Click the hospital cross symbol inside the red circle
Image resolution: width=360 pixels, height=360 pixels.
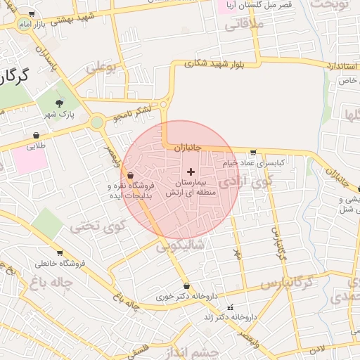coord(191,172)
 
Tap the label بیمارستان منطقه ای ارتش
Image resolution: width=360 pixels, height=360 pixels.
coord(191,187)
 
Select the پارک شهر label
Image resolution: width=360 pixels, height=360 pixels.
coord(58,114)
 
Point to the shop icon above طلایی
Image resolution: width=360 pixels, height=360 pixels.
coord(36,135)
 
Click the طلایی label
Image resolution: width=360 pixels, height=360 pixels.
coord(36,146)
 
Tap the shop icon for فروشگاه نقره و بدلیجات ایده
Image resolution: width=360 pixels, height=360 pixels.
coord(131,174)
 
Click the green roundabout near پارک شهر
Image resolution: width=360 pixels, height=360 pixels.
coord(97,123)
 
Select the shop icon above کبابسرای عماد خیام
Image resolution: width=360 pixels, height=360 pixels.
coord(252,152)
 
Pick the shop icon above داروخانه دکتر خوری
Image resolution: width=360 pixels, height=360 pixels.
coord(186,286)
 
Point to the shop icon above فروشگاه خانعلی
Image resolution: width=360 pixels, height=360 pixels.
coord(60,253)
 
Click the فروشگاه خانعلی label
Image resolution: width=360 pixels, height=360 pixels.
coord(60,264)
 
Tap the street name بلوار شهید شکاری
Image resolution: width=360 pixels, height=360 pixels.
coord(216,63)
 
